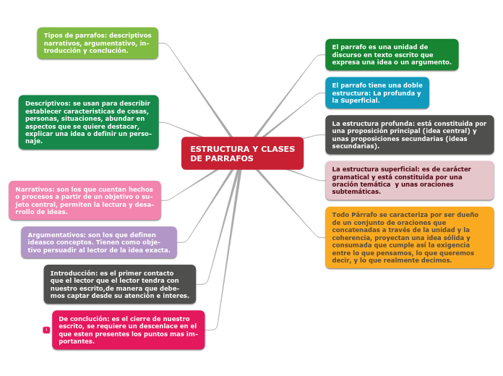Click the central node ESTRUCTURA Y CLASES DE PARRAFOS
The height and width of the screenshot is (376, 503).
point(242,153)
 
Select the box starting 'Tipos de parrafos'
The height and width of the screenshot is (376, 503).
point(98,43)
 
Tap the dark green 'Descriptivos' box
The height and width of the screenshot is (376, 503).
point(88,122)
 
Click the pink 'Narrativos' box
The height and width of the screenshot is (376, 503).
point(85,200)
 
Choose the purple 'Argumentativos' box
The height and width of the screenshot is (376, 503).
point(99,242)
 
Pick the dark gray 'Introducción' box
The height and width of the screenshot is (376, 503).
point(119,284)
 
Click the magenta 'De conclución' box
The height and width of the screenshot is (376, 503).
point(128,330)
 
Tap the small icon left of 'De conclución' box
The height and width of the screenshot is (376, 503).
point(46,330)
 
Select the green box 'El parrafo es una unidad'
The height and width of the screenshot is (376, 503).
point(392,54)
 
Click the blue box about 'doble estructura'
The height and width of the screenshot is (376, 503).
point(377,93)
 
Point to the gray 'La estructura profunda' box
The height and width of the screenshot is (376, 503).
point(409,134)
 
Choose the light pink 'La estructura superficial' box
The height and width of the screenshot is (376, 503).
point(409,180)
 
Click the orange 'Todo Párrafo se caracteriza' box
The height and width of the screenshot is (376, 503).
point(409,237)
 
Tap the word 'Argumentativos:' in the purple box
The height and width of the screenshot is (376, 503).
point(56,235)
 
